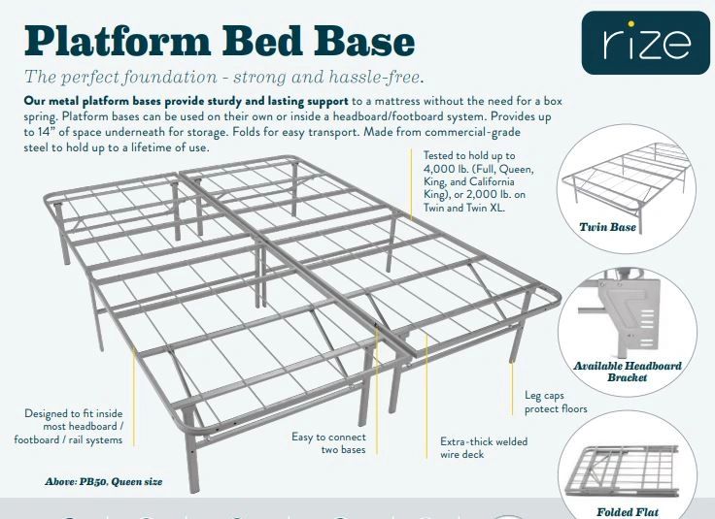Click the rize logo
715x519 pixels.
point(645,43)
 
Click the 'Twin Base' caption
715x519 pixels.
point(607,227)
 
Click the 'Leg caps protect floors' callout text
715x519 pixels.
point(558,403)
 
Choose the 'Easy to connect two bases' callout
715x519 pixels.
point(330,443)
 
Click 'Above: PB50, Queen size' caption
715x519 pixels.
point(103,481)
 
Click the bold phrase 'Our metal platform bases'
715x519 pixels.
point(86,101)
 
